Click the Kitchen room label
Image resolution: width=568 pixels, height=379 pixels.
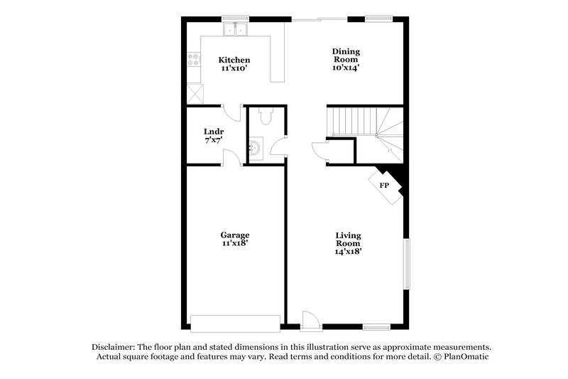[x=234, y=60]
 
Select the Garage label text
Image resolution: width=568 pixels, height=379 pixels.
[x=234, y=235]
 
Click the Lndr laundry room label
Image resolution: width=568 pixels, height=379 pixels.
[x=213, y=132]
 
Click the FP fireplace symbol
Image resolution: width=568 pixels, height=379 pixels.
[x=384, y=185]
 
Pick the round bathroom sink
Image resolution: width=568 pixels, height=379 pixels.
[x=256, y=148]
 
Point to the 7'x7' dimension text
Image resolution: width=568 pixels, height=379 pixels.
[x=213, y=142]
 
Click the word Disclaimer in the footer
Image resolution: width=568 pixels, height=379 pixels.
[x=113, y=346]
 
